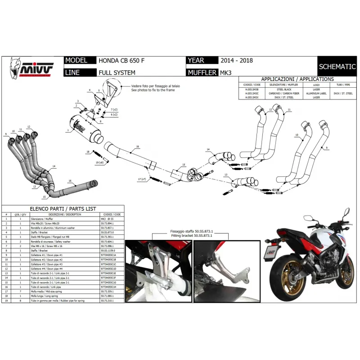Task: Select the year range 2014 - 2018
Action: [237, 61]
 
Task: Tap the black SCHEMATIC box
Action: [337, 67]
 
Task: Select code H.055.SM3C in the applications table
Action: [252, 93]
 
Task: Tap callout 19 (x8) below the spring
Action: [99, 162]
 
